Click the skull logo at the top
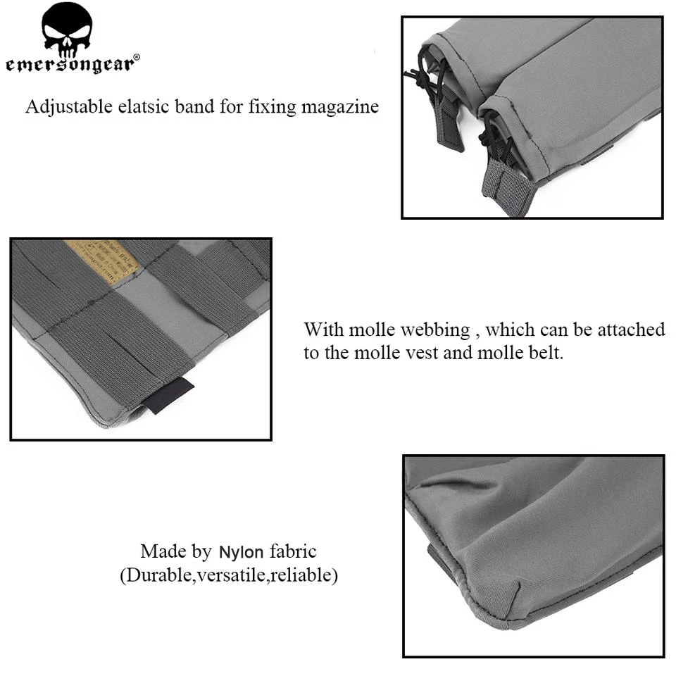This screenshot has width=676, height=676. (67, 30)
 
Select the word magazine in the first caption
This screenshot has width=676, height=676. (340, 108)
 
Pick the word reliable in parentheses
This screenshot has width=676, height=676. (305, 575)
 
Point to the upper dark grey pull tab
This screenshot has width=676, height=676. (449, 127)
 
